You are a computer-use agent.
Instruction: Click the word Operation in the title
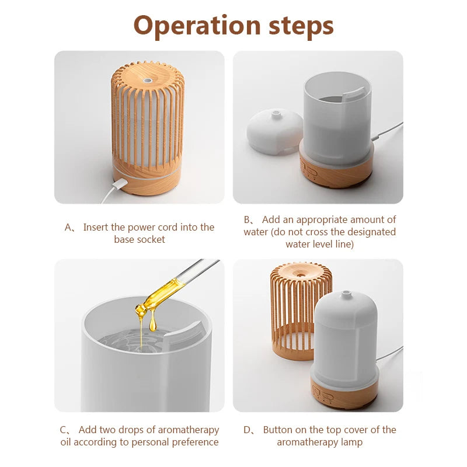click(x=197, y=26)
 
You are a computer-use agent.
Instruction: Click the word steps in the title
click(x=301, y=26)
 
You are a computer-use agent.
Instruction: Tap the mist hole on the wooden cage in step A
click(x=147, y=81)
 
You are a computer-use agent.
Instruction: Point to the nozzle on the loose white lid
click(x=276, y=114)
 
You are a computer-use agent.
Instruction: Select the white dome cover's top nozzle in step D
click(x=346, y=294)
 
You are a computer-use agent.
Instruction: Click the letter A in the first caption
click(x=68, y=228)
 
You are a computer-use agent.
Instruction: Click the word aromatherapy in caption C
click(x=189, y=430)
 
